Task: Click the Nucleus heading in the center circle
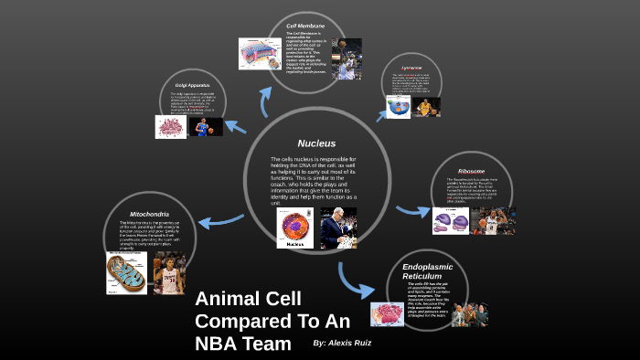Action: click(x=316, y=143)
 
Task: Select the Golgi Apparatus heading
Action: click(x=194, y=85)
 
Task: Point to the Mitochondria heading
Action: click(x=149, y=214)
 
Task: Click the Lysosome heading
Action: click(x=412, y=68)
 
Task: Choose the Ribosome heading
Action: click(x=471, y=171)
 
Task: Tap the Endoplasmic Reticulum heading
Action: click(x=428, y=270)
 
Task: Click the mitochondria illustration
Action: click(x=125, y=271)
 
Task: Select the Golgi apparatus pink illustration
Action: click(x=170, y=127)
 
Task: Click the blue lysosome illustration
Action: click(x=399, y=106)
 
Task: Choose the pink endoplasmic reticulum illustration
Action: click(x=387, y=313)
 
